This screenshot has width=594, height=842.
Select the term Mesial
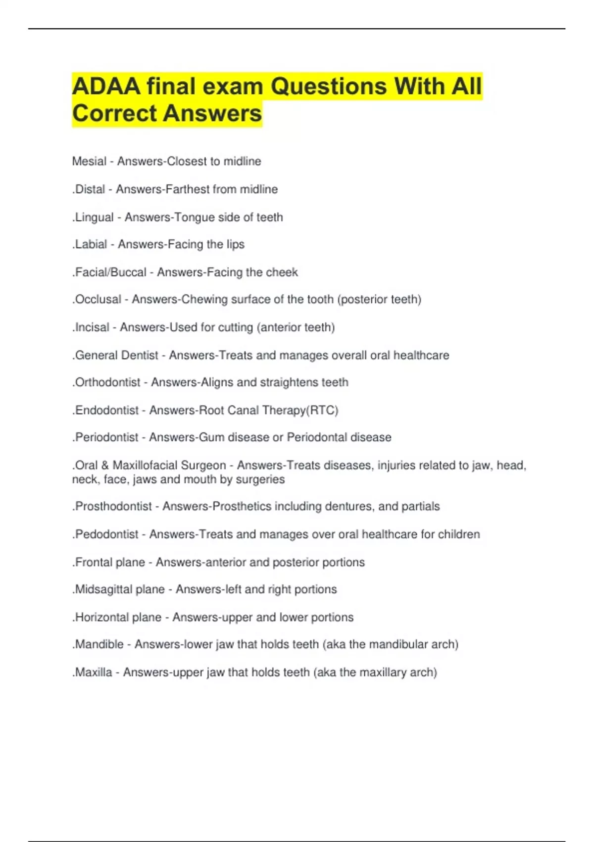(x=89, y=161)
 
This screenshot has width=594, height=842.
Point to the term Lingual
(x=94, y=217)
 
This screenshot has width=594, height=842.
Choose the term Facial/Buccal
(x=110, y=272)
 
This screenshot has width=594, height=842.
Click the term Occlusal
(x=98, y=299)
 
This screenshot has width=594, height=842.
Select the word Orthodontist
(x=107, y=382)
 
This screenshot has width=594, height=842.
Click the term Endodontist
(x=106, y=410)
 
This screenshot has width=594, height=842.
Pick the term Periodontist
(x=106, y=437)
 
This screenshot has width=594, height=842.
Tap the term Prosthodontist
(x=113, y=506)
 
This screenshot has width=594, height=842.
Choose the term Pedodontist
(x=106, y=534)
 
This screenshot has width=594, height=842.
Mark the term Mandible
(x=99, y=644)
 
